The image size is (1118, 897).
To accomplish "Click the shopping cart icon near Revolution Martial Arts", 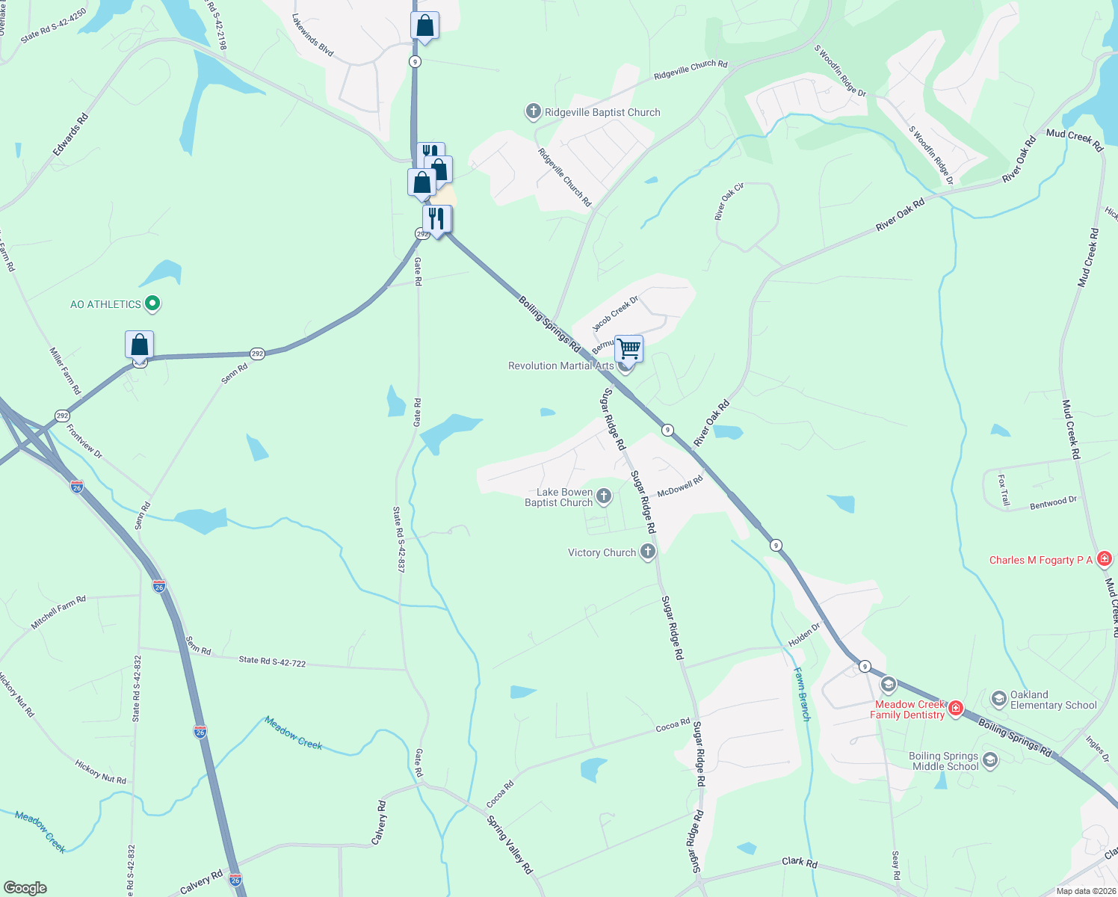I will [x=629, y=348].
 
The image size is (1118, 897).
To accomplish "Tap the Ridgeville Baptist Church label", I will [x=602, y=113].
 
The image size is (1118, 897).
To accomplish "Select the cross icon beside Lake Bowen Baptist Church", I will [x=604, y=496].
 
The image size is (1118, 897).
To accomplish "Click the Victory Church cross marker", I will [x=648, y=552].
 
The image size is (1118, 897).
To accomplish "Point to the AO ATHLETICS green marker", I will [x=152, y=303].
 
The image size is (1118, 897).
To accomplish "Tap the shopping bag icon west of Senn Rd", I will [x=140, y=345].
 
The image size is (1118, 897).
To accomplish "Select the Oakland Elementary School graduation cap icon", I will [x=998, y=699].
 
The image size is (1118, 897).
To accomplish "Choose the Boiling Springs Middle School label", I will [x=945, y=761].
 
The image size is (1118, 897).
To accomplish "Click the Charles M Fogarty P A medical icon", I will [x=1105, y=559].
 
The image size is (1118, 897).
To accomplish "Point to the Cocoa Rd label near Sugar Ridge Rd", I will [x=673, y=725].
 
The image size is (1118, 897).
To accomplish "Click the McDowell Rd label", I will [x=680, y=487].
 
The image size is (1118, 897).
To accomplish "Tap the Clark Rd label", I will [x=799, y=862].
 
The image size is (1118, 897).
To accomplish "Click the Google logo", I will [x=25, y=888].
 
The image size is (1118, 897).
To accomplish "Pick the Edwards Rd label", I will [x=71, y=135].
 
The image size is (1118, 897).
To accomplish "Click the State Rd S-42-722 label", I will [x=272, y=661].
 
